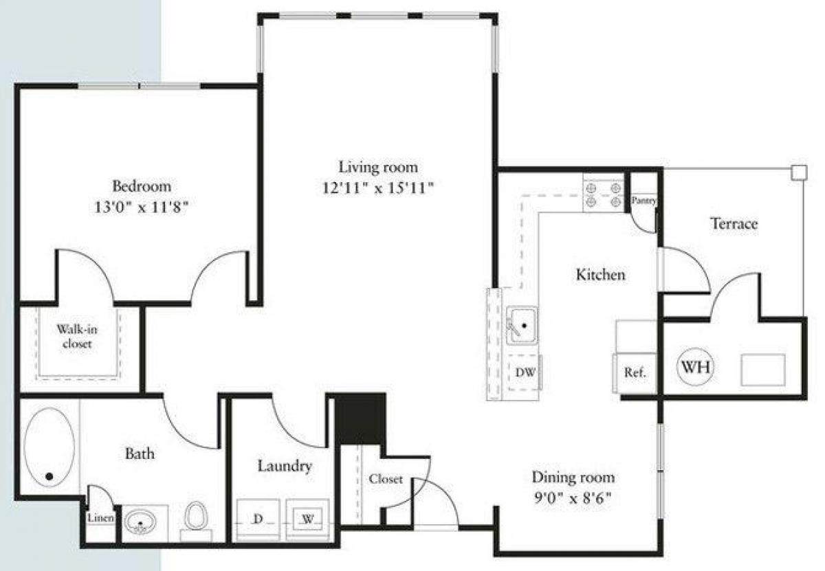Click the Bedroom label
pyautogui.click(x=142, y=186)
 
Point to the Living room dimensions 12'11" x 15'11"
pyautogui.click(x=377, y=187)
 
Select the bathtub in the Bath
pyautogui.click(x=49, y=447)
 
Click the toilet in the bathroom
pyautogui.click(x=196, y=516)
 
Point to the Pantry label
pyautogui.click(x=644, y=201)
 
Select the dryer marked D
pyautogui.click(x=258, y=519)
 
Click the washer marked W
pyautogui.click(x=307, y=519)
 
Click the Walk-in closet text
pyautogui.click(x=77, y=336)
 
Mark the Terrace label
pyautogui.click(x=734, y=223)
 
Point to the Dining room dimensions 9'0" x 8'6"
pyautogui.click(x=573, y=497)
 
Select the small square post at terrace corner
pyautogui.click(x=798, y=172)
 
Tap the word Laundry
pyautogui.click(x=285, y=466)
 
